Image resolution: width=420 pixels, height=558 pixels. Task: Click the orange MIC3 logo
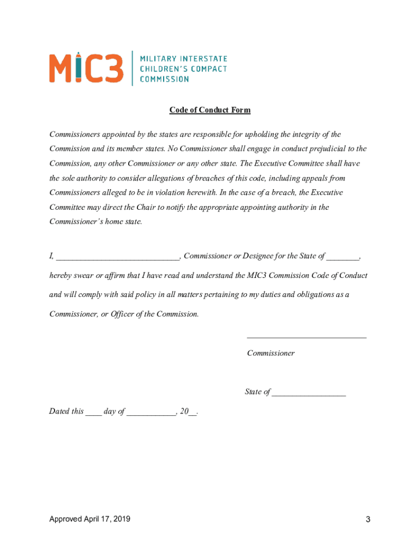tap(86, 68)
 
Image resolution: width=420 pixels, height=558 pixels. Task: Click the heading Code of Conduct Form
tap(210, 110)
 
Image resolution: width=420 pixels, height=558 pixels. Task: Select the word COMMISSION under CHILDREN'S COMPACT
tap(164, 79)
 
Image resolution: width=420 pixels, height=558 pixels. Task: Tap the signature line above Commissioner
tap(307, 337)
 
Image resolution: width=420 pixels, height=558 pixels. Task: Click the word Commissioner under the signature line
tap(271, 353)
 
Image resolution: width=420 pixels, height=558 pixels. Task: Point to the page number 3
tap(368, 520)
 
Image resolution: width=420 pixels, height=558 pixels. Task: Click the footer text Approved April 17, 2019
tap(90, 519)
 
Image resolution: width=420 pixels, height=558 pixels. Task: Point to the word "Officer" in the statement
tap(124, 314)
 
